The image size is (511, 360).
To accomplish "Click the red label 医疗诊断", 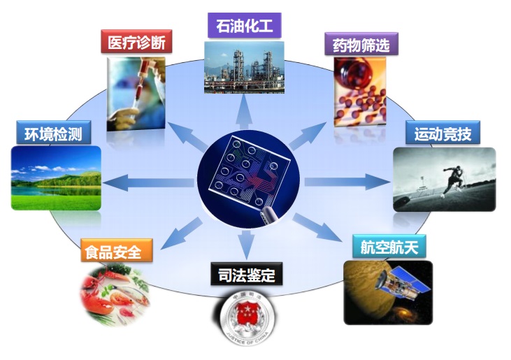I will point(136,42).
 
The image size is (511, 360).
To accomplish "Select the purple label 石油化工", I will point(245,26).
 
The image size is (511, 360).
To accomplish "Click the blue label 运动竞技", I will point(442,133).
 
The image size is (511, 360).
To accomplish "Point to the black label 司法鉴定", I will point(246,273).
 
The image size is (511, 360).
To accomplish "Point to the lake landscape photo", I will point(56,178).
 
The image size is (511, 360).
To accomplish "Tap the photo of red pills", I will point(359,91).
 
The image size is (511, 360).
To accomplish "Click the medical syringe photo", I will point(137,94).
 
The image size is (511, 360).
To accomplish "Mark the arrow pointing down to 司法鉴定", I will point(246,241).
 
